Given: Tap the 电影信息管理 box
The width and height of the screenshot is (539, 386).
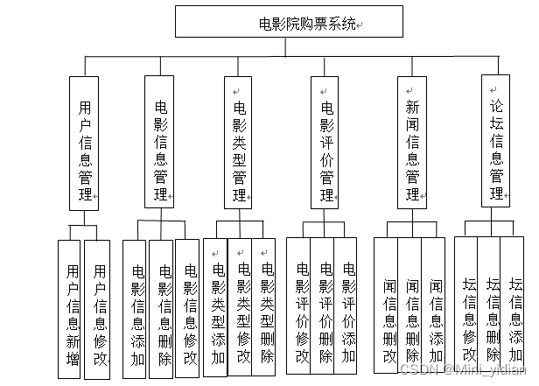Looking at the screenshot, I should [161, 143].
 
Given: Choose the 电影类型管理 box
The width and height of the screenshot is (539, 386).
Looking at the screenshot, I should [239, 143].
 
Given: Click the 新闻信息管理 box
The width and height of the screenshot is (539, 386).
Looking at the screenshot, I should [412, 143].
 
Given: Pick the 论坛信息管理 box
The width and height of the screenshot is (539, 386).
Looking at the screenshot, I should [497, 143].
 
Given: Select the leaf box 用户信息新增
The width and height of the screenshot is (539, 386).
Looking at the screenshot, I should [72, 309].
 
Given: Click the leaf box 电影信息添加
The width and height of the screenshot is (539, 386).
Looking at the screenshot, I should [136, 309].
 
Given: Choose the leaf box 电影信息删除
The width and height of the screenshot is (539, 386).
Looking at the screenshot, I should [163, 309].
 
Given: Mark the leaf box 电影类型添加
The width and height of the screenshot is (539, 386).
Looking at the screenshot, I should [216, 309].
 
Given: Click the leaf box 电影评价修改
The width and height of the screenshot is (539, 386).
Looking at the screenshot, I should [300, 309].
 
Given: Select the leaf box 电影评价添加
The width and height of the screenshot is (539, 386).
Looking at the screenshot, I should [346, 309].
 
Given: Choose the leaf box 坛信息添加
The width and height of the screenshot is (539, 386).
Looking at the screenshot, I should [515, 309].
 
